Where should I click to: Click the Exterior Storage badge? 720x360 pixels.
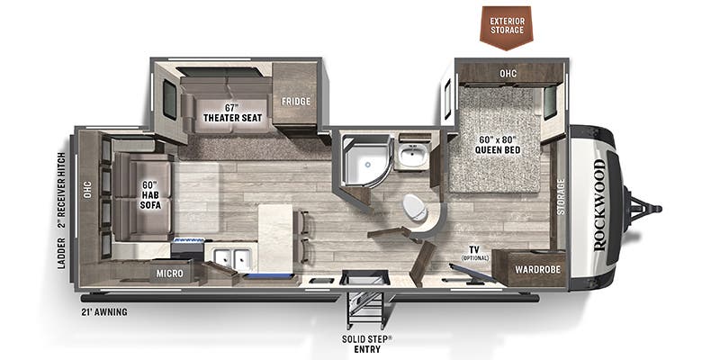pos(507,27)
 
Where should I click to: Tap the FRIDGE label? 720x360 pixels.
pos(296,102)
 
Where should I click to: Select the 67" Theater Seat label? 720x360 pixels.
pos(233,113)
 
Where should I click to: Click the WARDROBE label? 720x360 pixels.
pos(537,269)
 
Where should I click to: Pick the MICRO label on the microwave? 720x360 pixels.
pos(169,274)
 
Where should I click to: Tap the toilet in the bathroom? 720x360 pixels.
pos(415,208)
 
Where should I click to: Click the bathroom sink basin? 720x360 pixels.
pos(413,155)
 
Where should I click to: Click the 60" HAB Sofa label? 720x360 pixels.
pos(150,195)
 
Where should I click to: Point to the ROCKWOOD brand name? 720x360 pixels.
pos(599,205)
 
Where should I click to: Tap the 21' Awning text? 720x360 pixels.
pos(104,312)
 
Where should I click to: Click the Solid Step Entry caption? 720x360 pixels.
pos(367,345)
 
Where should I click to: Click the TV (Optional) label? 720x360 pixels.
pos(476,253)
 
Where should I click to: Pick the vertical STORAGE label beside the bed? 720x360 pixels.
pos(561,197)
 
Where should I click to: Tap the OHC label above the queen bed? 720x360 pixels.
pos(508,74)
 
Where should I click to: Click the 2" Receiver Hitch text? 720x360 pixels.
pos(62,192)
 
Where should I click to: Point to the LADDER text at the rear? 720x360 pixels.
pos(62,253)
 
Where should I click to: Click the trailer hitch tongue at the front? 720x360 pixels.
pos(643,209)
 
